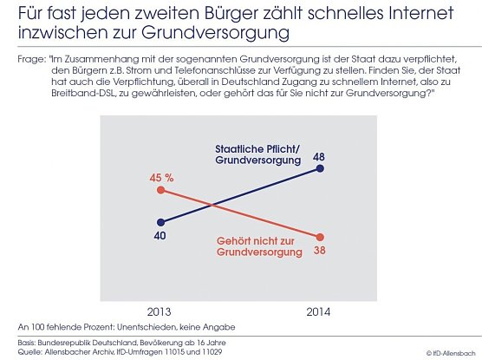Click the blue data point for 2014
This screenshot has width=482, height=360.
pos(322,169)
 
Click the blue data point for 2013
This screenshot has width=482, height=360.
pos(160,220)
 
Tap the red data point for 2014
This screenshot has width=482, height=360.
pos(322,237)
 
